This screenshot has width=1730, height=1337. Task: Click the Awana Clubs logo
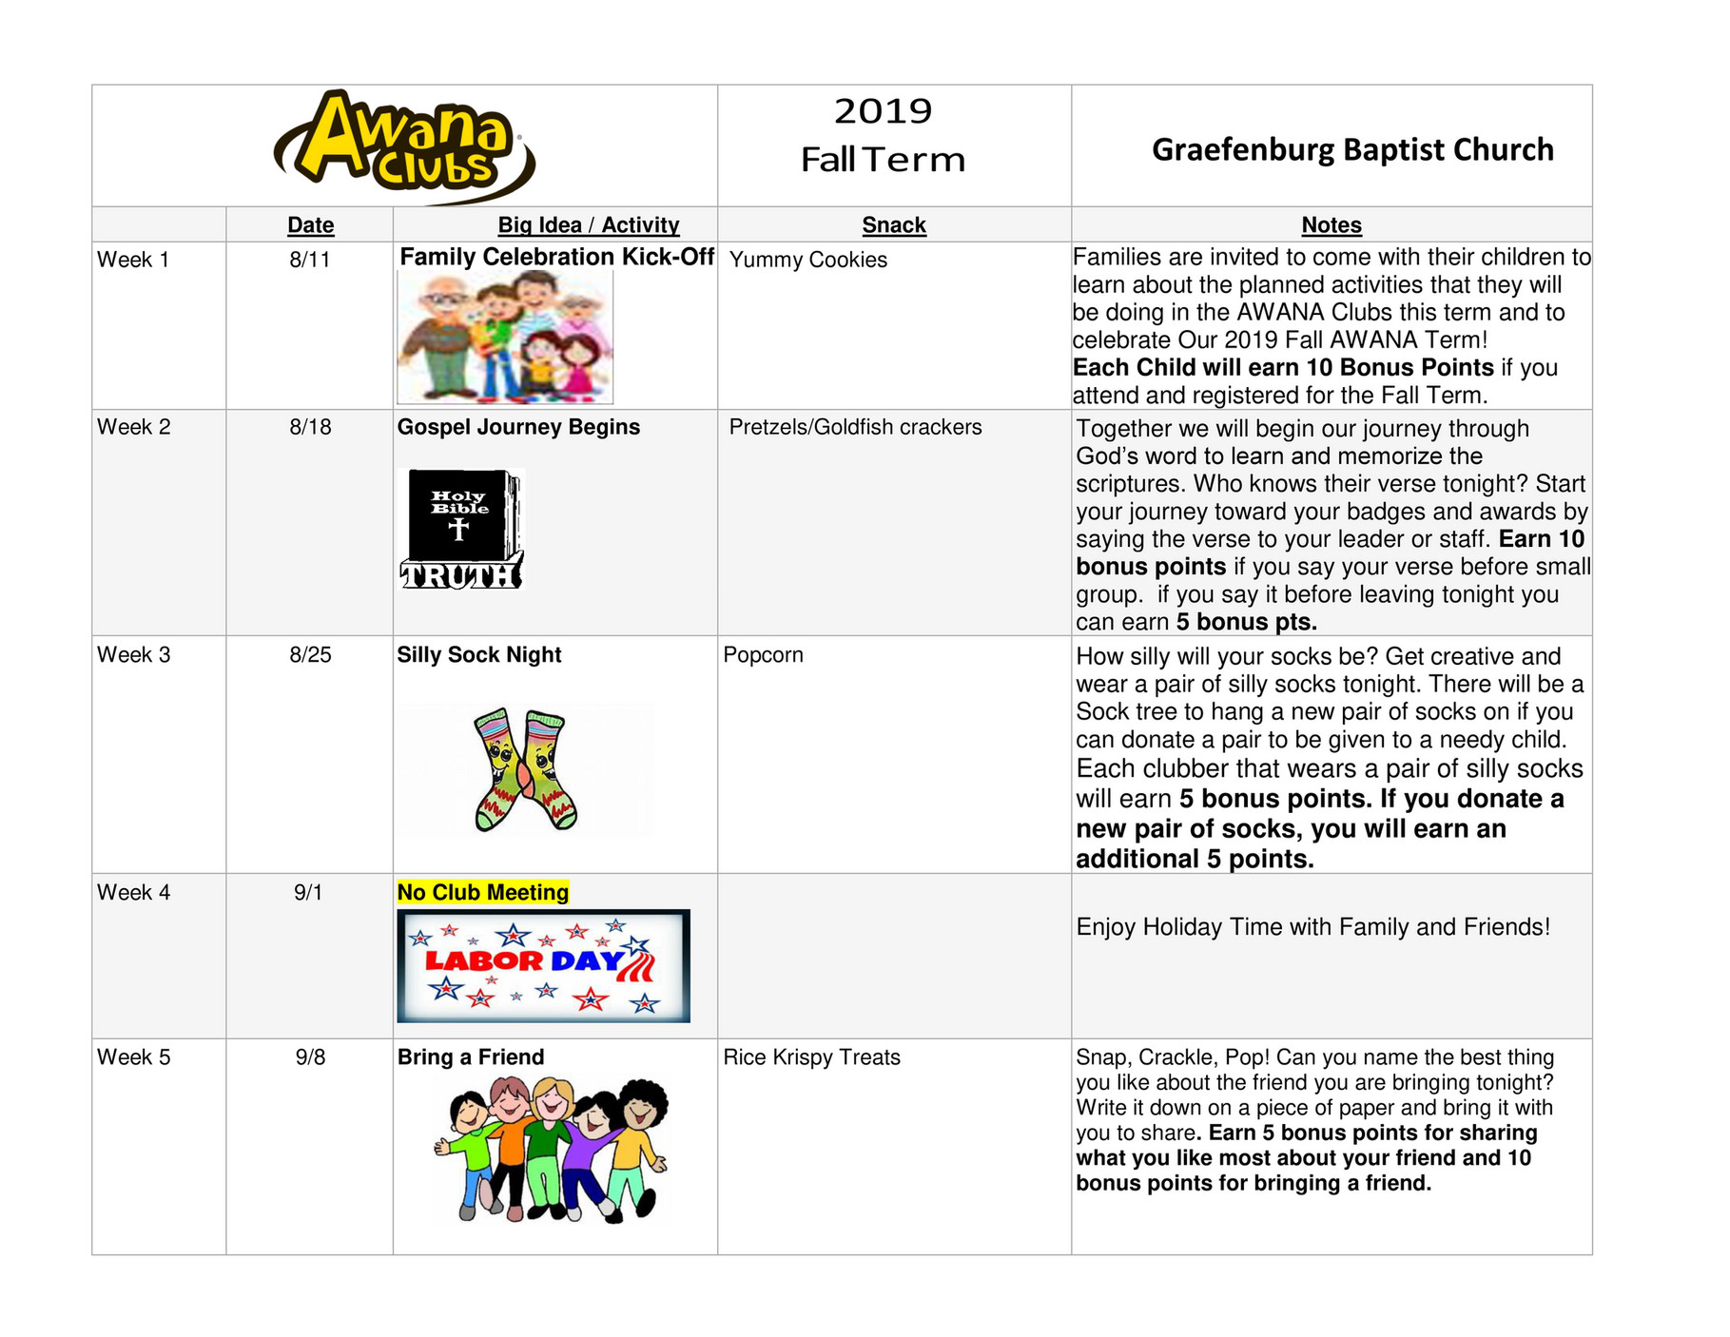coord(404,145)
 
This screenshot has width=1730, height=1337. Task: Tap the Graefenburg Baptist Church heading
coord(1351,149)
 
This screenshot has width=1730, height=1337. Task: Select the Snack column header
coord(893,225)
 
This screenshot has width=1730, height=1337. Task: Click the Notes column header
coord(1331,225)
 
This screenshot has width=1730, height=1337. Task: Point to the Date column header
coord(310,225)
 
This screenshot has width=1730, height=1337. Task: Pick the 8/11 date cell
coord(310,260)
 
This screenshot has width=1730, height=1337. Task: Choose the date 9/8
coord(310,1057)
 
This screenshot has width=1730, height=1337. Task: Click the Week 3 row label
coord(134,655)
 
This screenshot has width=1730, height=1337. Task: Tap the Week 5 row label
coord(134,1057)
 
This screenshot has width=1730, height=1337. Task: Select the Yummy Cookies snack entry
coord(807,260)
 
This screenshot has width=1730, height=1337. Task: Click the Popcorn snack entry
coord(763,655)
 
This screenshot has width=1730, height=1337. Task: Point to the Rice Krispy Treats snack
coord(811,1057)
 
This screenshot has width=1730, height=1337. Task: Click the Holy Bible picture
coord(461,529)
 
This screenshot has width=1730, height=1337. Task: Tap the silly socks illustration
coord(525,769)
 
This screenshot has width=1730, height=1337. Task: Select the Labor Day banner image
coord(543,965)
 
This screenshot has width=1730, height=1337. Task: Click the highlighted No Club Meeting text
coord(482,892)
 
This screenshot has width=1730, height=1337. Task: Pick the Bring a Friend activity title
coord(471,1057)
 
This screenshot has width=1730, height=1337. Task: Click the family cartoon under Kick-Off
coord(505,337)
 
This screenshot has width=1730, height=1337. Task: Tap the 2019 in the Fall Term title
coord(883,111)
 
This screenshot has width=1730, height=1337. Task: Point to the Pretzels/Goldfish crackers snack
coord(855,427)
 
